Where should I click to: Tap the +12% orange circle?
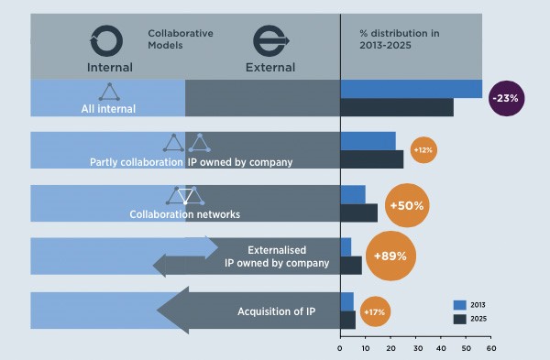tap(423, 149)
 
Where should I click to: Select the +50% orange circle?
tap(406, 205)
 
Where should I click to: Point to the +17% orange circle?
tap(374, 312)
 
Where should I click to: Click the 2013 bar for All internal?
tap(411, 88)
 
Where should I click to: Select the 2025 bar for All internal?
tap(397, 107)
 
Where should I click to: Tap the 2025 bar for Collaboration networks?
tap(358, 213)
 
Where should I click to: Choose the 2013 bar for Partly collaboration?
tap(368, 140)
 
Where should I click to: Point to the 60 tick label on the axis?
tap(491, 348)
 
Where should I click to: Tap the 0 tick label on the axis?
tap(340, 348)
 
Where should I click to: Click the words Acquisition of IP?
tap(277, 311)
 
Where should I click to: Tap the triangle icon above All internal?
tap(109, 92)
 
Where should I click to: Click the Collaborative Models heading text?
tap(181, 38)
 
